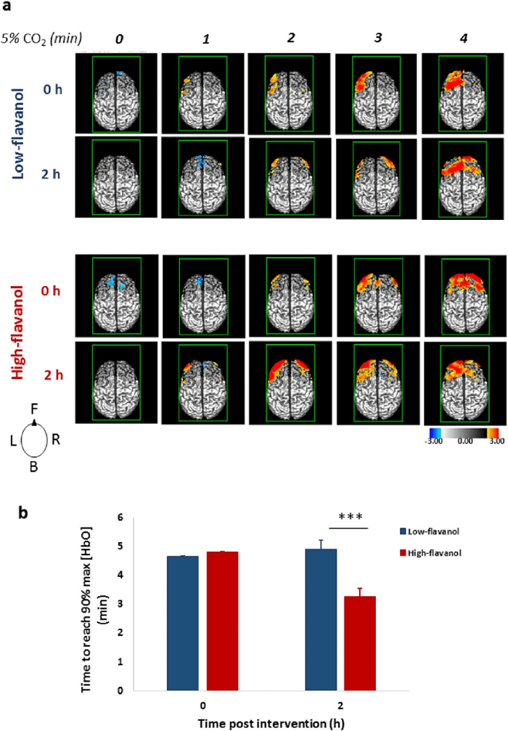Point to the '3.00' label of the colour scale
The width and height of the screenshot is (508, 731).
tap(496, 450)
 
